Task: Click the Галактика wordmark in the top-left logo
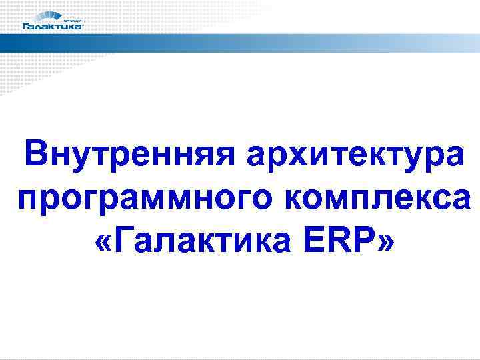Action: tap(53, 27)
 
